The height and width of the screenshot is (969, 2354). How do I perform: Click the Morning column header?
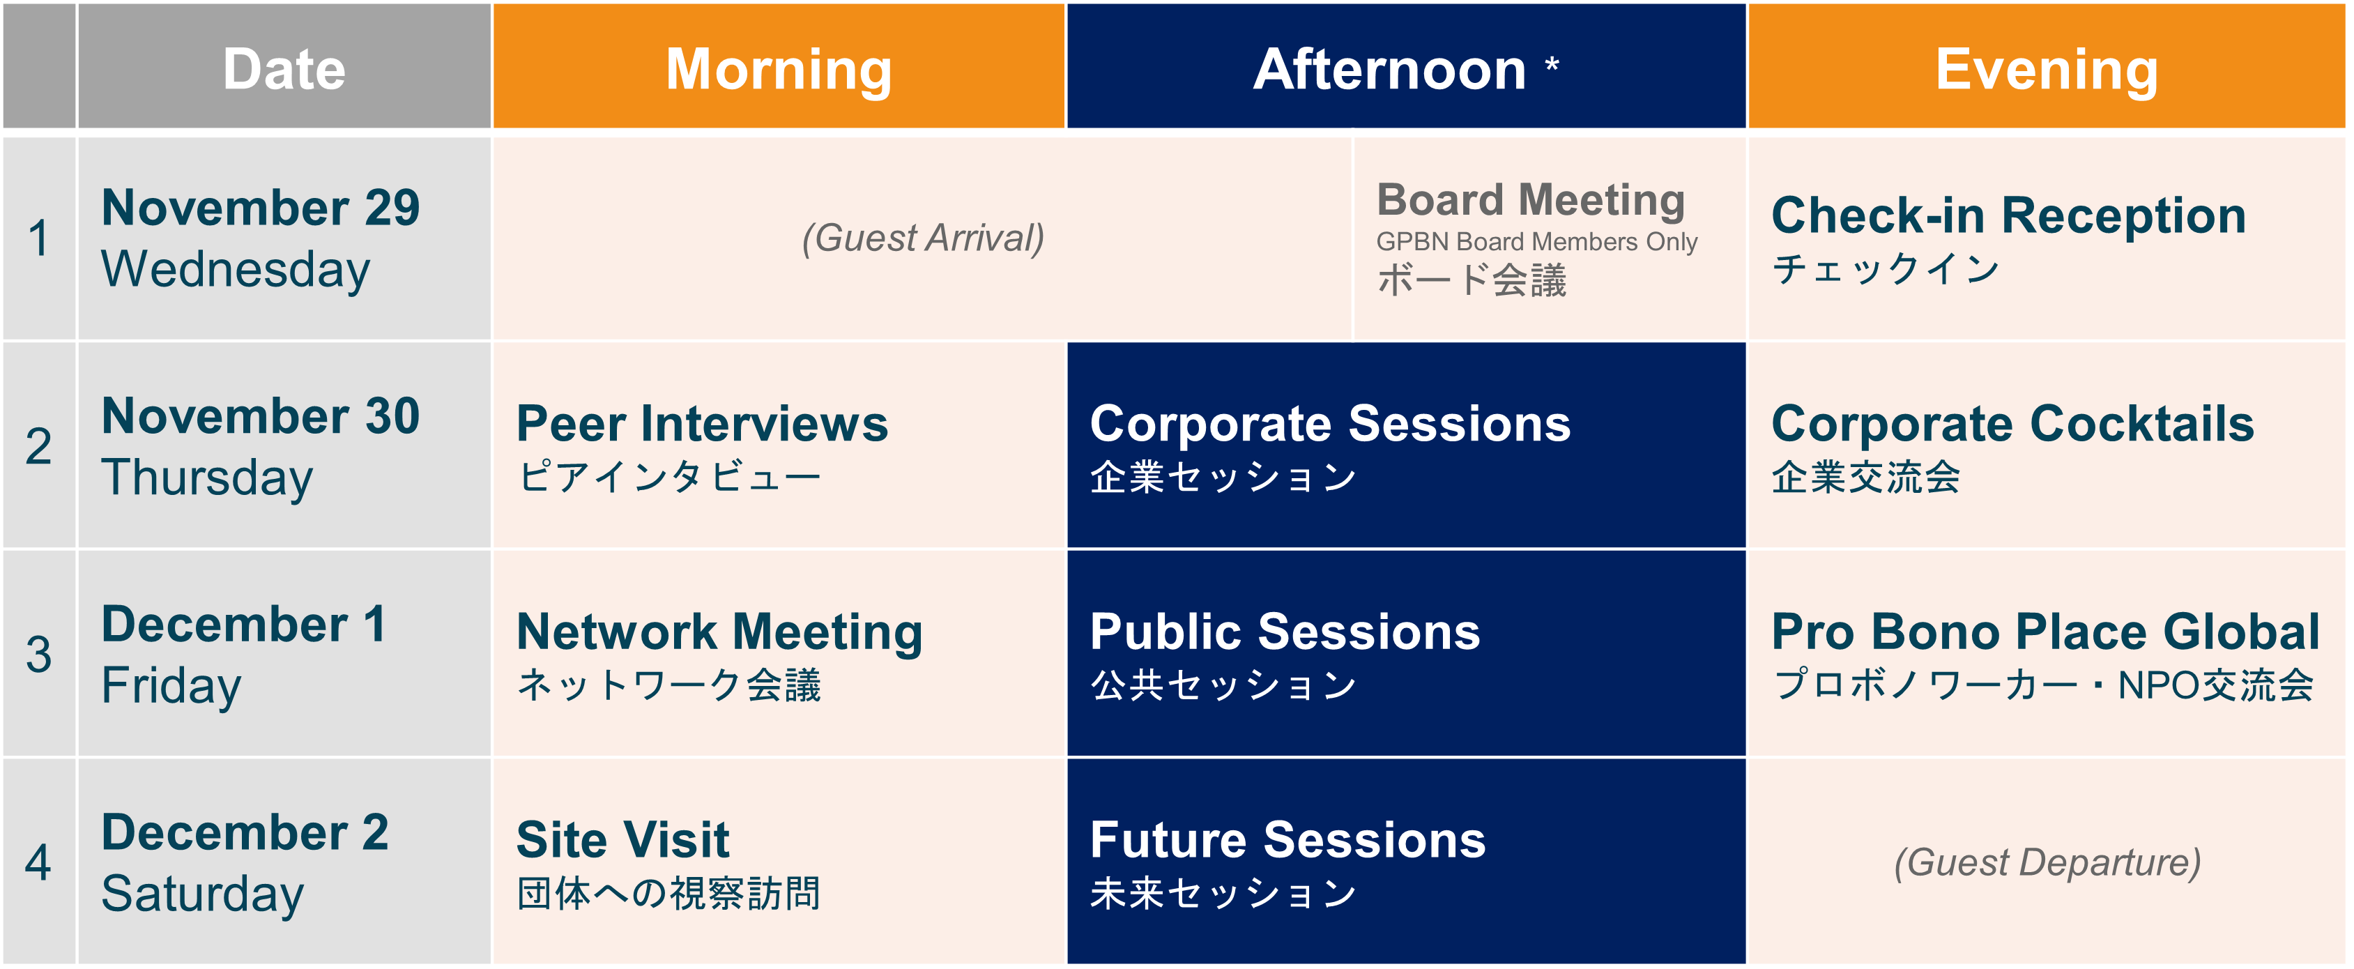point(779,70)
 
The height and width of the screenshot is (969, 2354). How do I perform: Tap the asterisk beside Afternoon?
point(1552,64)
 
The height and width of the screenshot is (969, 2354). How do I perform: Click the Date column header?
point(284,70)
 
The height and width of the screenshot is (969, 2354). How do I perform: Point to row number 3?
point(38,655)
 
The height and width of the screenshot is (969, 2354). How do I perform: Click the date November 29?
point(261,208)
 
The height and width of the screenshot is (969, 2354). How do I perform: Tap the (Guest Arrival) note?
point(923,238)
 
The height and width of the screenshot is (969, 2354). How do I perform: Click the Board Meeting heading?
point(1531,200)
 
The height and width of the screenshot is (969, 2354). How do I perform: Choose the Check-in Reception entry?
point(2008,215)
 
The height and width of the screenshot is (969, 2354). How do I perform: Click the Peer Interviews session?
point(702,424)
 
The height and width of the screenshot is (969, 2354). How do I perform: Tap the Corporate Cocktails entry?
point(2013,424)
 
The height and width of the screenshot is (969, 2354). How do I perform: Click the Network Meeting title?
point(719,632)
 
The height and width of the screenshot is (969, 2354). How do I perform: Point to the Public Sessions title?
point(1285,632)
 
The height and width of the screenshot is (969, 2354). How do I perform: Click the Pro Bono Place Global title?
point(2045,632)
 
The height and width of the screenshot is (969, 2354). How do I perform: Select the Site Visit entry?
point(622,840)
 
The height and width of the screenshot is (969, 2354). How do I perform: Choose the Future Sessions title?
point(1287,840)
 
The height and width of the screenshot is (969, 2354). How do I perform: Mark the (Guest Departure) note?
point(2047,863)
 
